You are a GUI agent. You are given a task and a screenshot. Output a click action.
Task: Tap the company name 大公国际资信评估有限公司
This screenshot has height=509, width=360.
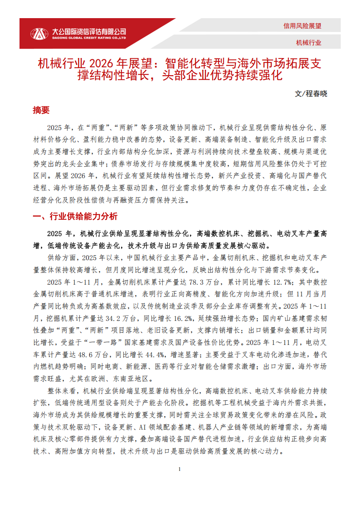coord(89,31)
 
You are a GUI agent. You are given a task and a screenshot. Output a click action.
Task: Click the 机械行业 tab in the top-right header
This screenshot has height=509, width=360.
coord(308,43)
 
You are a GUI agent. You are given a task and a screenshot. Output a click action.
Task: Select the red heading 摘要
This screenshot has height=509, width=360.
coord(41,110)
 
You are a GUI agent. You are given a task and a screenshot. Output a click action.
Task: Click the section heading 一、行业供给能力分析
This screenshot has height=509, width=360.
coord(75,217)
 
